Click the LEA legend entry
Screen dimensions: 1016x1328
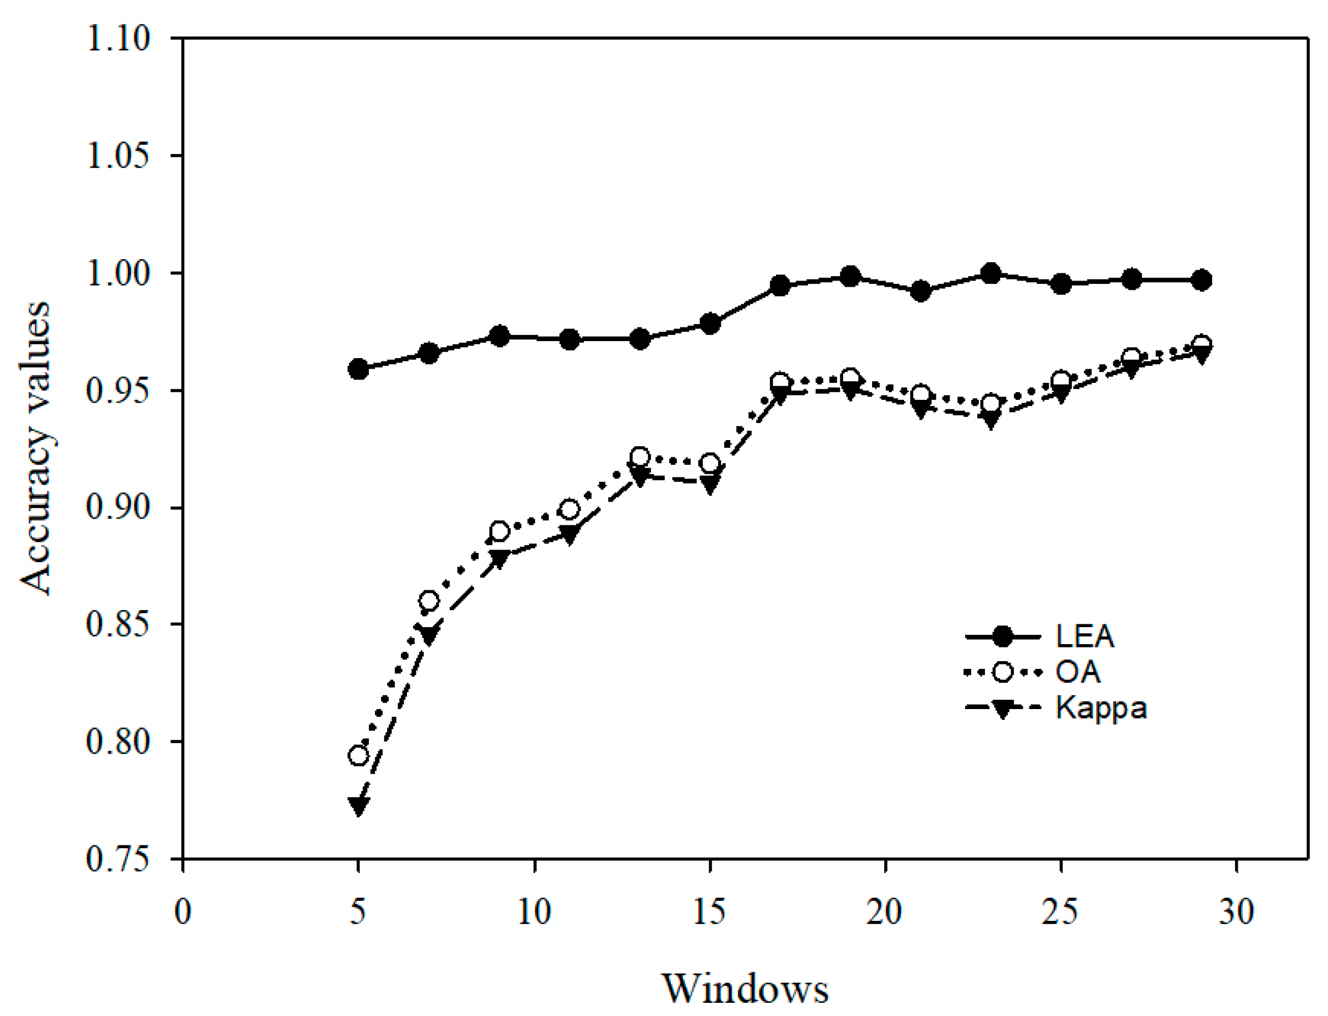click(x=1084, y=636)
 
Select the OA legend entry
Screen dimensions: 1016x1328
click(x=1078, y=672)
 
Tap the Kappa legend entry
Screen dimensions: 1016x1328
click(x=1101, y=707)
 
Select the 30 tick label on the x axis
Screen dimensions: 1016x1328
click(x=1236, y=912)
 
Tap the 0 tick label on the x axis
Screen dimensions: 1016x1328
click(x=183, y=912)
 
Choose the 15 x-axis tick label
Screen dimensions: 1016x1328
click(x=709, y=912)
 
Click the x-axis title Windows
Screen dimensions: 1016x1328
click(x=745, y=988)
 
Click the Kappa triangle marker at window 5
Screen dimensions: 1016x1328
click(x=359, y=805)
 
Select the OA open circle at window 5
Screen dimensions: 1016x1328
click(x=359, y=755)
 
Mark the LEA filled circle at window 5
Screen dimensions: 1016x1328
click(x=359, y=369)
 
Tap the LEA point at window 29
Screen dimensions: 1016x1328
click(x=1202, y=280)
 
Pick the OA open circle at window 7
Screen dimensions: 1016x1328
click(x=428, y=601)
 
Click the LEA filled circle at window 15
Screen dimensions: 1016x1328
click(x=710, y=323)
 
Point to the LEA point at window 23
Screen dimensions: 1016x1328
click(x=991, y=274)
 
